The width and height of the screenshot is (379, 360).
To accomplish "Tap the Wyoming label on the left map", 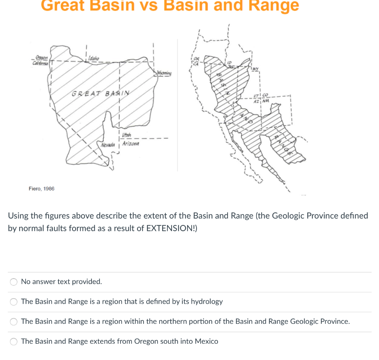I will click(x=164, y=73).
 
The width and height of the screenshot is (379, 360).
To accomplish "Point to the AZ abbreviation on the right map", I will click(x=257, y=102).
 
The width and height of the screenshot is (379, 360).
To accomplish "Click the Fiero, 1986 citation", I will click(x=41, y=189).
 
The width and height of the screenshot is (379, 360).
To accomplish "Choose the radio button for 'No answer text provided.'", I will click(x=14, y=282).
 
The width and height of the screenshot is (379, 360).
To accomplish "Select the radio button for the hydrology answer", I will click(x=14, y=302).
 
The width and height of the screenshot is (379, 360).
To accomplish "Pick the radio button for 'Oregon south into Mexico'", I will click(x=14, y=342).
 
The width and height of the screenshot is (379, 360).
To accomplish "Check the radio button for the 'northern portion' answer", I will click(x=14, y=322).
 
